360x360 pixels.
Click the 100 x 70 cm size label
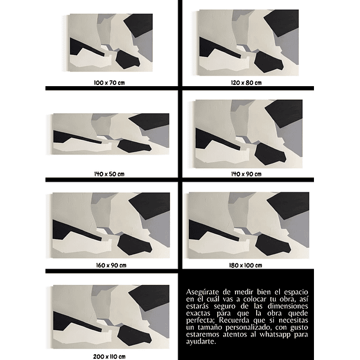[x=110, y=83]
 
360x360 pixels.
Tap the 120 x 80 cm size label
[x=246, y=83]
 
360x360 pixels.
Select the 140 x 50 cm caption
[x=110, y=174]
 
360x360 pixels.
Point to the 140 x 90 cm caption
[x=246, y=174]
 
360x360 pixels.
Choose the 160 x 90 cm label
[x=110, y=265]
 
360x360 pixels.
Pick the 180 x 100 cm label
[x=246, y=265]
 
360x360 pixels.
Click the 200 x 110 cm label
[x=110, y=356]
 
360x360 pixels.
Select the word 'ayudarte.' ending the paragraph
[x=201, y=342]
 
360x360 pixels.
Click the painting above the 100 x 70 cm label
[x=110, y=42]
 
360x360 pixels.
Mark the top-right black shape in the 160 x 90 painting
[x=150, y=207]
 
